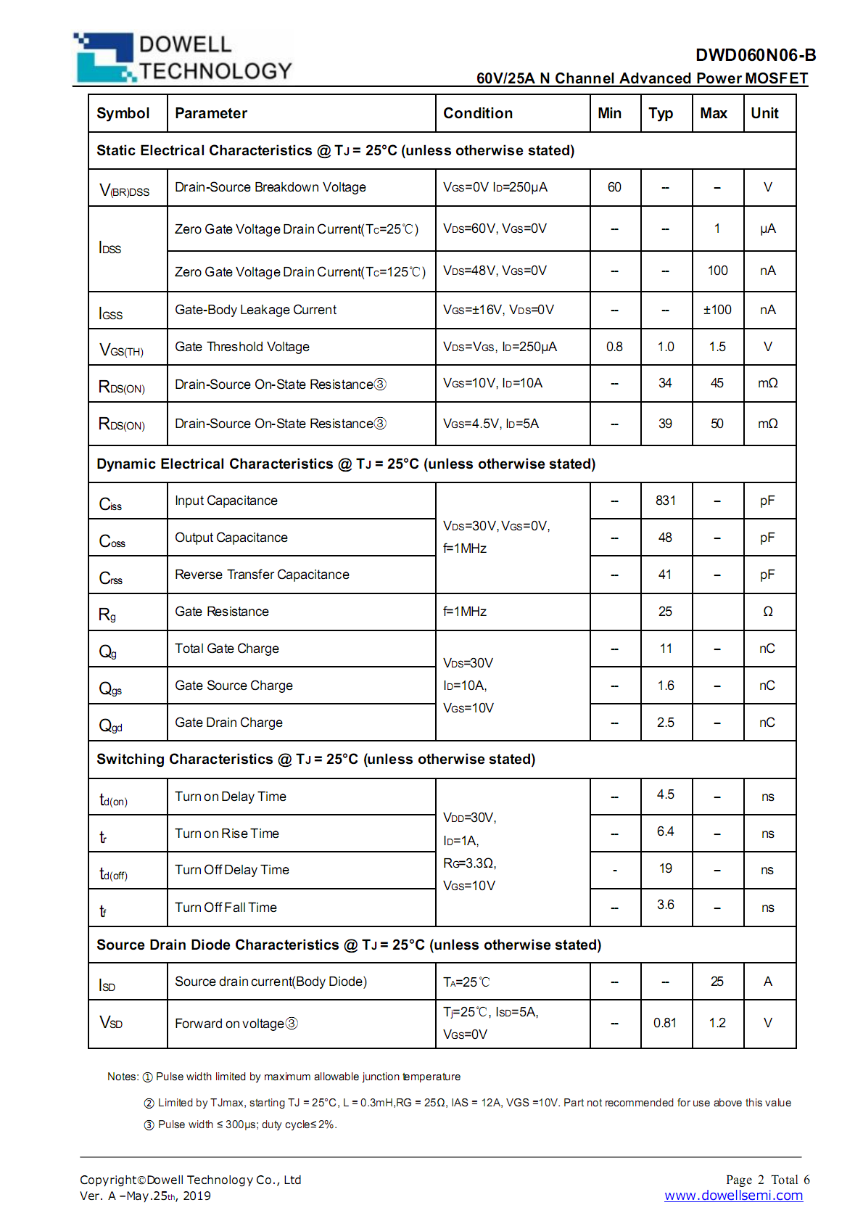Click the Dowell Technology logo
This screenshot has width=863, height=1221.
[183, 57]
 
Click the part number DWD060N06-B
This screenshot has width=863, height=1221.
[755, 55]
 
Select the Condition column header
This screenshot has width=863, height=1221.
[478, 113]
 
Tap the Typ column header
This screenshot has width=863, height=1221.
[661, 113]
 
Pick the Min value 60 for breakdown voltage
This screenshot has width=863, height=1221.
[614, 187]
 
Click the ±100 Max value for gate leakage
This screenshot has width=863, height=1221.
[717, 310]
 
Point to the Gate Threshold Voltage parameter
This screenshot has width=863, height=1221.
[242, 347]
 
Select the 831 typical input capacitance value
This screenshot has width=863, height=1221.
[665, 501]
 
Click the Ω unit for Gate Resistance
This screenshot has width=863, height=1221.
[768, 612]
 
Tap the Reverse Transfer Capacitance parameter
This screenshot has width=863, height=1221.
[262, 575]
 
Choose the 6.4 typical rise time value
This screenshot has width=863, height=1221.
[665, 831]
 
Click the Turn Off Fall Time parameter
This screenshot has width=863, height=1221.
[226, 908]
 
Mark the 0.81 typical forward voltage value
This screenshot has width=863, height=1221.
[664, 1023]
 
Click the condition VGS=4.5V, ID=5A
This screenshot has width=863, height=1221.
[491, 424]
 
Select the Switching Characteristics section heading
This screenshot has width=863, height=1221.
[315, 759]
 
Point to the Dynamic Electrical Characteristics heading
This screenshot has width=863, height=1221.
[345, 464]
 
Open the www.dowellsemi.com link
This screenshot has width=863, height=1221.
[733, 1196]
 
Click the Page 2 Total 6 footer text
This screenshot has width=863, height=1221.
[767, 1180]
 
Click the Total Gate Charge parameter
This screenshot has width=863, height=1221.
[226, 649]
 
